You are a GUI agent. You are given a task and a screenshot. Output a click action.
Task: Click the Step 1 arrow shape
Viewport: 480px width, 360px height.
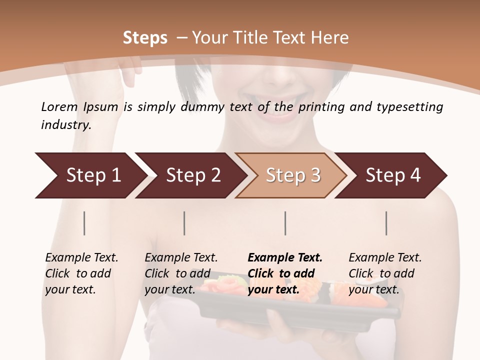(90, 175)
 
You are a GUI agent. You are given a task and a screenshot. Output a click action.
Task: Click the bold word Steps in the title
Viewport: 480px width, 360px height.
(145, 37)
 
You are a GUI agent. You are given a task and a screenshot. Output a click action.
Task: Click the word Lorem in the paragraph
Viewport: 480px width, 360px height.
(59, 106)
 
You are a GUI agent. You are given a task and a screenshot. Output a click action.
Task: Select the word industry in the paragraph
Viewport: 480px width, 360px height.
(65, 125)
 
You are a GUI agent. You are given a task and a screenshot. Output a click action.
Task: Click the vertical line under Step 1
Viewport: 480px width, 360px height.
(84, 223)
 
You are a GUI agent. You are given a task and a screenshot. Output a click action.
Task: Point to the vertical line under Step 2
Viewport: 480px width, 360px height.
(184, 223)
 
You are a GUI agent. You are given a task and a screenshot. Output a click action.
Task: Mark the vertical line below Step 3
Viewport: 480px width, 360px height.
(285, 223)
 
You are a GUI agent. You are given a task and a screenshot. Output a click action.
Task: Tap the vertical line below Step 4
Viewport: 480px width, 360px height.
(386, 223)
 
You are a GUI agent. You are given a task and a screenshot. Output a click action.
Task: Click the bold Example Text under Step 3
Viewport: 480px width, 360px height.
(285, 273)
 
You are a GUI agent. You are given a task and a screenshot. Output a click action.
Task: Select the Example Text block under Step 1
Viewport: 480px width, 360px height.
(81, 273)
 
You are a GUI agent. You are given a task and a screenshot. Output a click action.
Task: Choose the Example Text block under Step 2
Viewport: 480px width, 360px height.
(181, 273)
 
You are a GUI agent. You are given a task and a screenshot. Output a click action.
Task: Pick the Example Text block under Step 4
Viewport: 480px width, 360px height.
(385, 273)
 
